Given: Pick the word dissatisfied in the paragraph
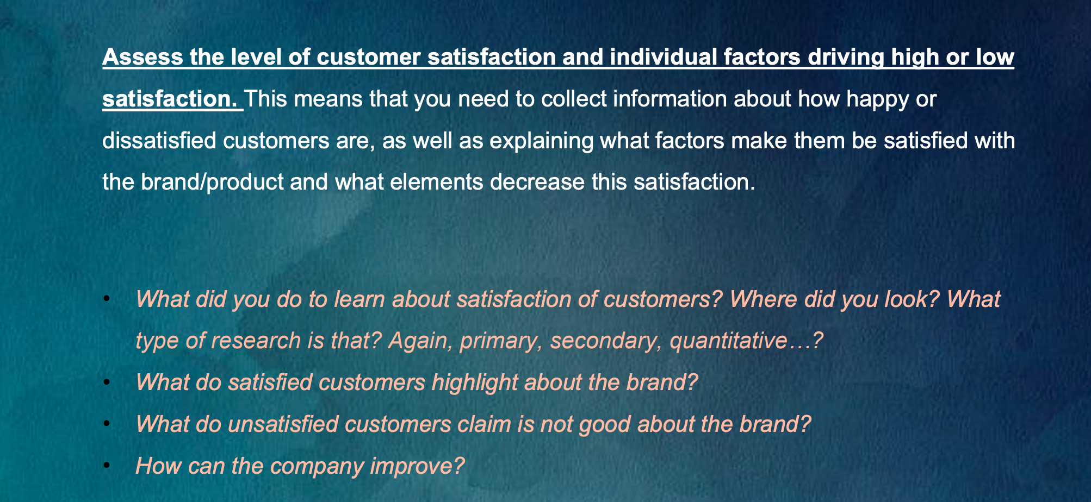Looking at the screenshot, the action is pyautogui.click(x=159, y=140).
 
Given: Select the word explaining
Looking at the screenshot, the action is pyautogui.click(x=542, y=141).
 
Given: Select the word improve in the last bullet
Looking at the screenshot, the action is pyautogui.click(x=417, y=467).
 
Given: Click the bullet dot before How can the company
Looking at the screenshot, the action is pyautogui.click(x=107, y=466).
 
